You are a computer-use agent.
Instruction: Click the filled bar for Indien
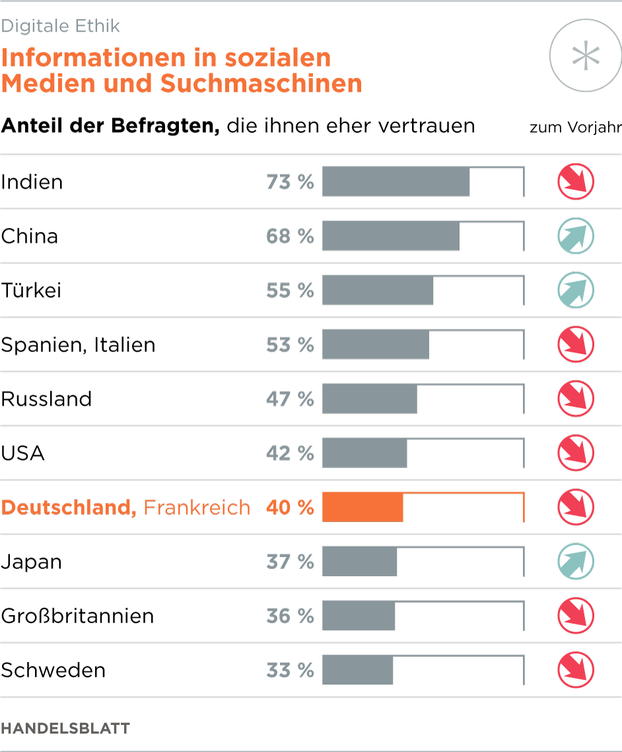click(396, 182)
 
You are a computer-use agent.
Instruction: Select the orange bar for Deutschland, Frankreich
click(363, 508)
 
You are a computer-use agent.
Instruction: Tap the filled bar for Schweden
click(357, 670)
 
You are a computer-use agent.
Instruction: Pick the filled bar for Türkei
click(378, 291)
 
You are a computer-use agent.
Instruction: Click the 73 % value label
click(290, 182)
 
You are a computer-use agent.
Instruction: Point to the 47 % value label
click(290, 399)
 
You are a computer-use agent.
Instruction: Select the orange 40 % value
click(290, 508)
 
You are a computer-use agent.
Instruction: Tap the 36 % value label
click(290, 616)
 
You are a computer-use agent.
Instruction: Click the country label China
click(30, 237)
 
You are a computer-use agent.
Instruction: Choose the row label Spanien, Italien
click(78, 345)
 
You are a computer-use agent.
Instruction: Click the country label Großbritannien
click(77, 616)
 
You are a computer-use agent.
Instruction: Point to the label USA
click(23, 453)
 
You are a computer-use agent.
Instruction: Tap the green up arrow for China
click(576, 236)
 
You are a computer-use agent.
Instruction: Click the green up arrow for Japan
click(576, 562)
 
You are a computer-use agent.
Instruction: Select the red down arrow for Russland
click(576, 399)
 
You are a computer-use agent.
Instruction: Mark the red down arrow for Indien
click(576, 182)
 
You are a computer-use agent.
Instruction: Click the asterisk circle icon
click(586, 57)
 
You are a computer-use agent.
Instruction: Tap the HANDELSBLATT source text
click(65, 729)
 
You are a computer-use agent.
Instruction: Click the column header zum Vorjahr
click(575, 128)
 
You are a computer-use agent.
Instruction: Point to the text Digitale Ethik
click(61, 26)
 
